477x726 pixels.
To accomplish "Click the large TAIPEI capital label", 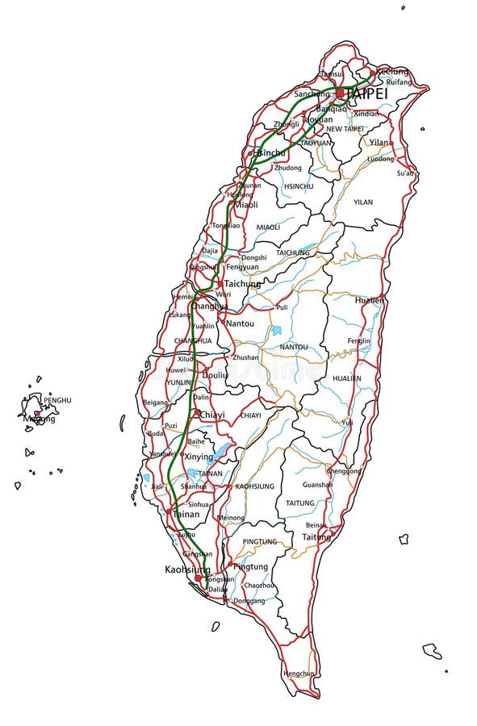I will tap(366, 94).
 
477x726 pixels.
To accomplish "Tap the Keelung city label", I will tap(392, 71).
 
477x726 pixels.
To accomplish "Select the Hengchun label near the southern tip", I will tap(299, 673).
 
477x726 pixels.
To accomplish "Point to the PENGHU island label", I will tap(57, 400).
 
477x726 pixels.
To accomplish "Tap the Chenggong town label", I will tap(344, 470).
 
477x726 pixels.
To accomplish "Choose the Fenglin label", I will tap(358, 340).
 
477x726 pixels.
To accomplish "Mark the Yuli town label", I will tap(347, 422).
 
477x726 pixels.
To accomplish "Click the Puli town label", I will tap(282, 307).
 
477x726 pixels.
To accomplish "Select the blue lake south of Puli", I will tap(277, 330).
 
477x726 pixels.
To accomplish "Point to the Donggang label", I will tap(248, 601).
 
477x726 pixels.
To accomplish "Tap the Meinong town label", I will tap(231, 517).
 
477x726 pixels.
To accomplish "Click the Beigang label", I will tap(155, 402).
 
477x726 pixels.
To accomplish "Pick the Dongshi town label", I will tap(253, 257).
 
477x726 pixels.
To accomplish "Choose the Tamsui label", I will tap(332, 73).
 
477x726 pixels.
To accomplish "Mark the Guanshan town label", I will tap(317, 485).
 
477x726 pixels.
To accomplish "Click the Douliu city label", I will tap(215, 375).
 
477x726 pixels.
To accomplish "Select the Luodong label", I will tap(380, 159).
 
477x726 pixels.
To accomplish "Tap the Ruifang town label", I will tap(398, 82).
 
